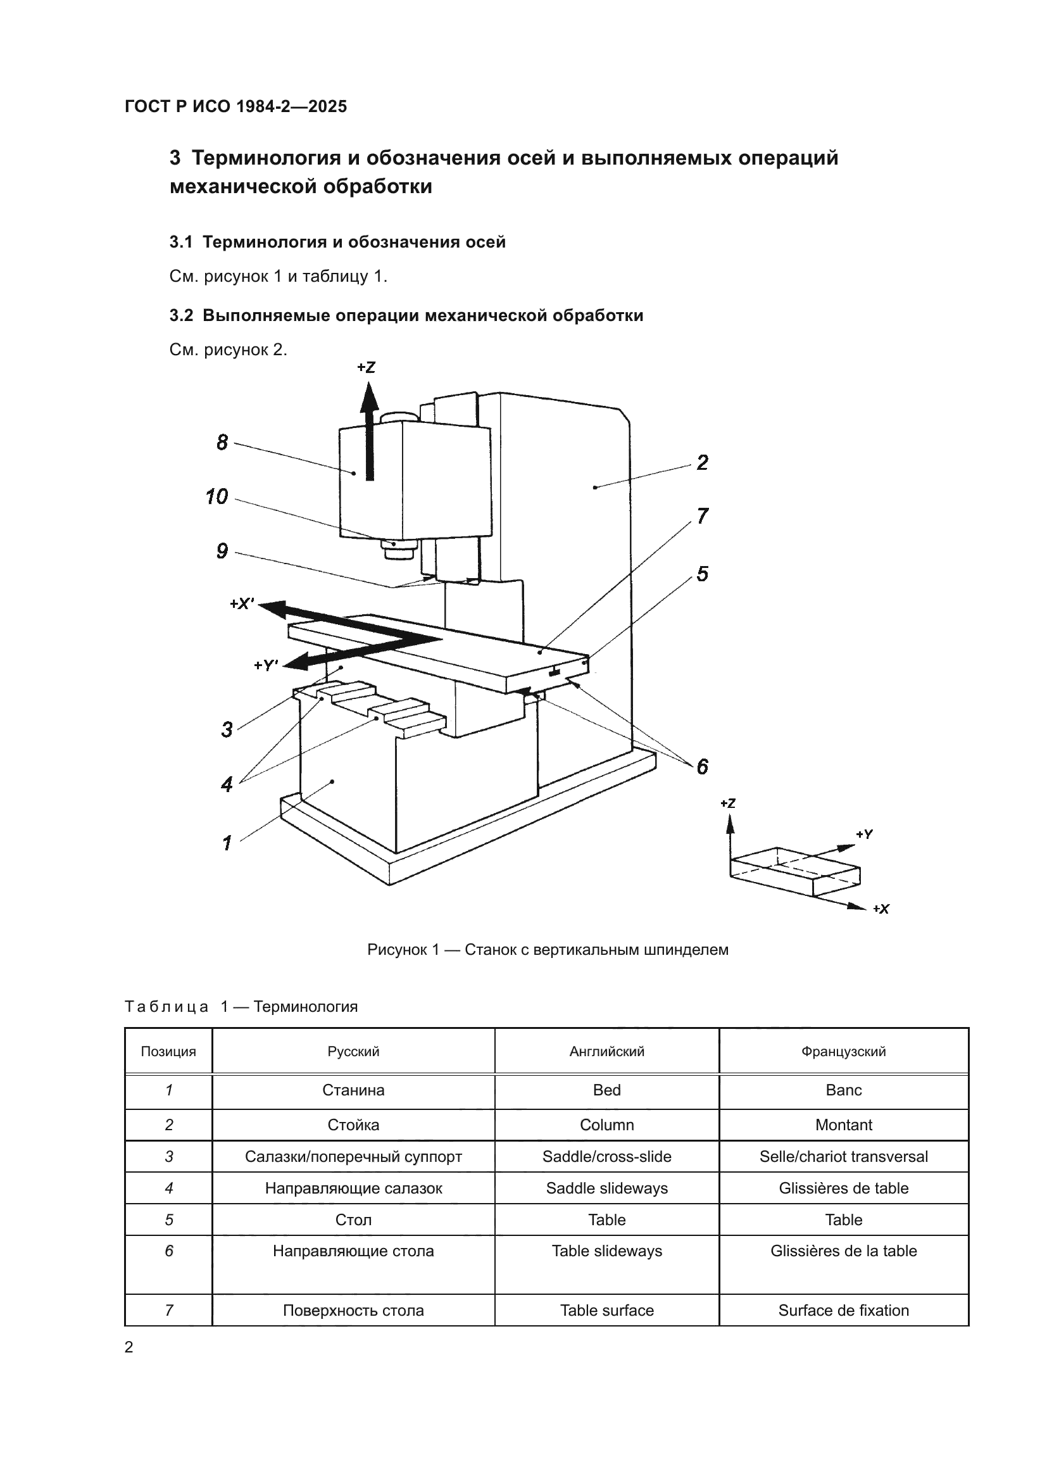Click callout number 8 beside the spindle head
(222, 443)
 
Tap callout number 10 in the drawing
(216, 496)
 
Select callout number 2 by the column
(702, 462)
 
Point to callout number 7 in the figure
(702, 516)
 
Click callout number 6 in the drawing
(702, 766)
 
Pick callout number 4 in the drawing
(226, 785)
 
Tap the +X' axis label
(242, 604)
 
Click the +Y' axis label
(266, 665)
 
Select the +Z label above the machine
(366, 368)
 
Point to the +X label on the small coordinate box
(881, 909)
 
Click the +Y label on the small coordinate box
(865, 834)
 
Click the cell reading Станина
(353, 1090)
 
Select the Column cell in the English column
(606, 1125)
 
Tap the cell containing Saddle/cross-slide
(606, 1157)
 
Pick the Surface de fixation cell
(843, 1310)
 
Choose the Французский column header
(843, 1052)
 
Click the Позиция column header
(168, 1052)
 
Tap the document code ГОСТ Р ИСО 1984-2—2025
(235, 106)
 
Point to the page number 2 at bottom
(129, 1347)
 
